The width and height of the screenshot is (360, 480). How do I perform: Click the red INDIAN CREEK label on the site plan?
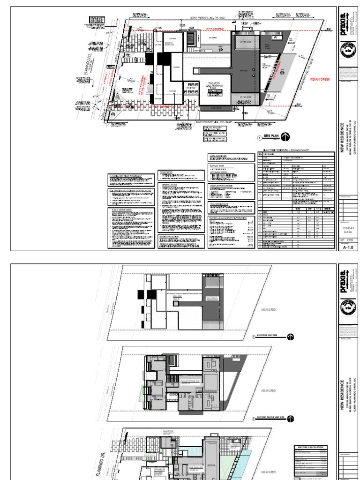(321, 80)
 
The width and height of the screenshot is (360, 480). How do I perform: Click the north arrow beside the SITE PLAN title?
(285, 137)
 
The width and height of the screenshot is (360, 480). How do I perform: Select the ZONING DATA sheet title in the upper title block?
(347, 230)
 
